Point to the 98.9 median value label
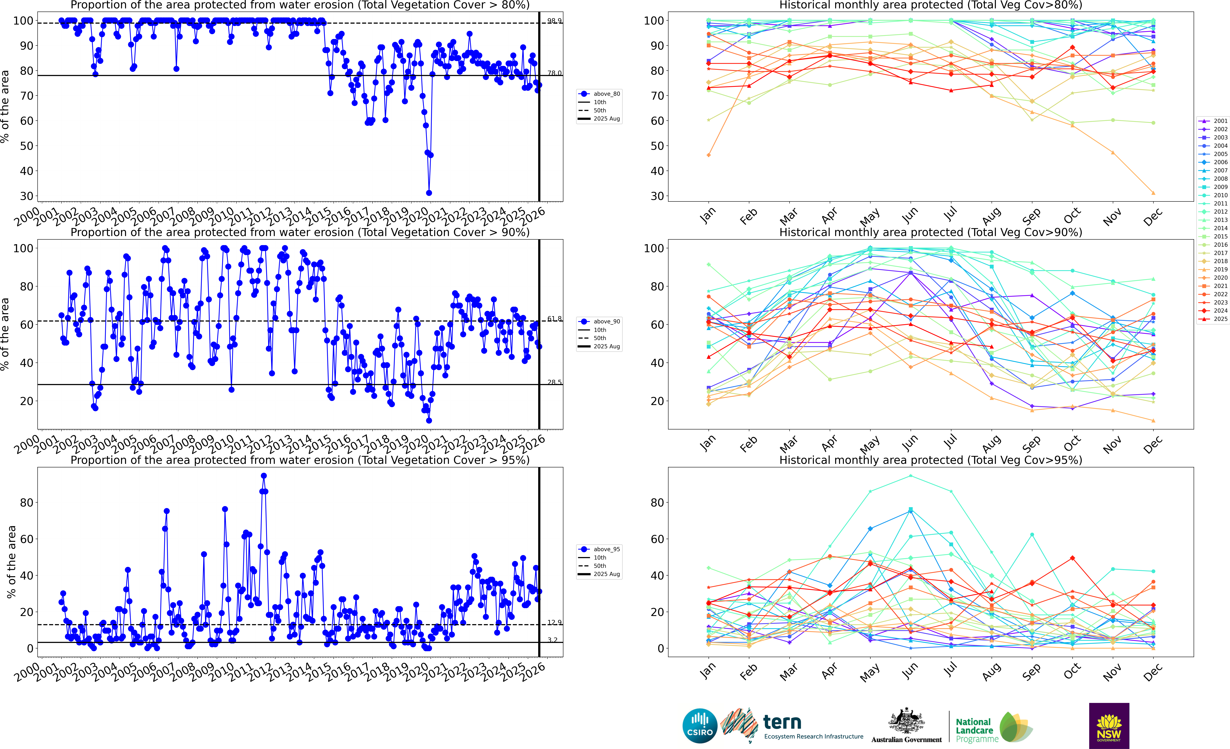pos(554,21)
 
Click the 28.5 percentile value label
pos(554,382)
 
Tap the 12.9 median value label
pos(554,622)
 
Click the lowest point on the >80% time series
pos(429,193)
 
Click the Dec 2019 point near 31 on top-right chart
pos(1153,193)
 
